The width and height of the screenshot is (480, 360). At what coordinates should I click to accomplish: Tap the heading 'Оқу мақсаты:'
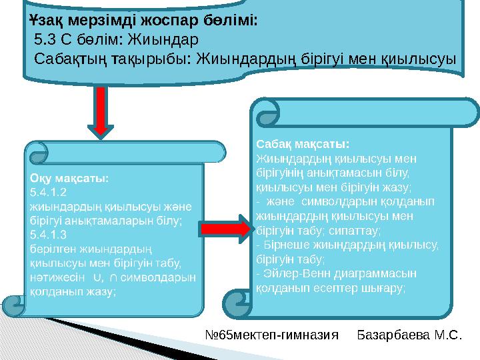(69, 179)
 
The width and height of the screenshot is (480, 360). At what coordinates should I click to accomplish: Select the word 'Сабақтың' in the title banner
(71, 59)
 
